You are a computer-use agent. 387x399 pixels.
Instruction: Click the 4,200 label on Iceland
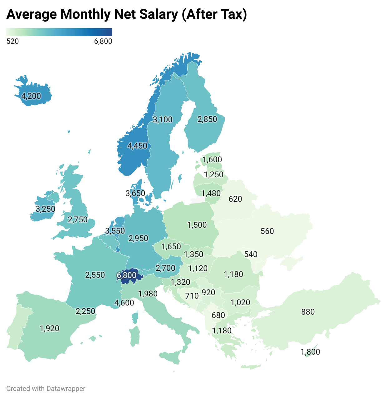31,96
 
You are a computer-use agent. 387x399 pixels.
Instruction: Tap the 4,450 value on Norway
137,146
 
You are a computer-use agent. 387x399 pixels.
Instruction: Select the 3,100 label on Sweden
163,119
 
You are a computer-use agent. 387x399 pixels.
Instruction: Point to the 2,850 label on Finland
207,119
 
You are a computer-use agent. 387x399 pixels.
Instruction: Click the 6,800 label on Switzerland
127,275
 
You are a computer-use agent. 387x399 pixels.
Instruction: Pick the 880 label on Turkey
308,312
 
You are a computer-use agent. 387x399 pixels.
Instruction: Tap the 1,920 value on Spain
50,328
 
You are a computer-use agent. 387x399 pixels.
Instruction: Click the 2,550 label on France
95,275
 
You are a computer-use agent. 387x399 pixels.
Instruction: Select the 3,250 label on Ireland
46,209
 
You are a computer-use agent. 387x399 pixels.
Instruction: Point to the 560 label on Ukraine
267,231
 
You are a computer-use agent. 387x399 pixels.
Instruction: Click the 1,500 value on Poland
197,225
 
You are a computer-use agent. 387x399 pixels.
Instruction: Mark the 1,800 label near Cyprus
311,352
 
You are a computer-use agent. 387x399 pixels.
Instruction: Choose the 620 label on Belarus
235,199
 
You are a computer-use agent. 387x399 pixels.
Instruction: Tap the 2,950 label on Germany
138,238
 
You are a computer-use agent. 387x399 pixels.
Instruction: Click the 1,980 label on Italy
148,294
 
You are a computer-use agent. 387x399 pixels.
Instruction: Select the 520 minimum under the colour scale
12,41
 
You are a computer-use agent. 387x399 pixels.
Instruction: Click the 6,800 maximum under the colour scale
103,41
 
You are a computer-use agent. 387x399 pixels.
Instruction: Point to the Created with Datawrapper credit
46,389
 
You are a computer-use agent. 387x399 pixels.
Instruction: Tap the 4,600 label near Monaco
124,303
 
